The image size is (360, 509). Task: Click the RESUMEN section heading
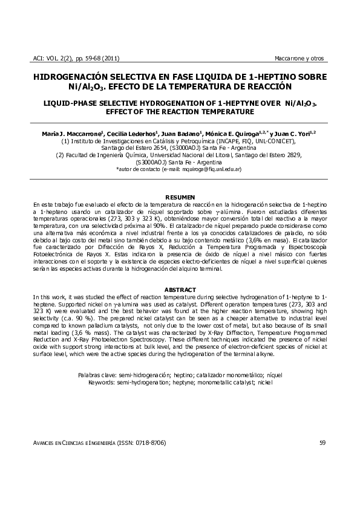(x=180, y=198)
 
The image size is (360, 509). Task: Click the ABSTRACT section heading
(x=180, y=290)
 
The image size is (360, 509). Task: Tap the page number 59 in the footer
(x=322, y=443)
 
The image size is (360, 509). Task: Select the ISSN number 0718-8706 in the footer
(x=146, y=443)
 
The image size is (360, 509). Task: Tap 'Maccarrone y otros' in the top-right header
(x=299, y=59)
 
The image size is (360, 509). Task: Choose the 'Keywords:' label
(x=101, y=383)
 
